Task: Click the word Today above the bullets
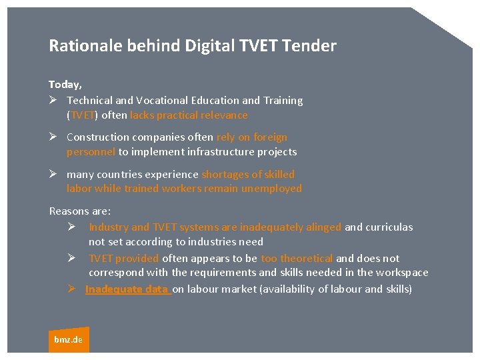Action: pyautogui.click(x=65, y=85)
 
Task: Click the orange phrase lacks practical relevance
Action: pyautogui.click(x=189, y=115)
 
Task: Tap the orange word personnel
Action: pyautogui.click(x=91, y=152)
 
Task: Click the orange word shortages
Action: pyautogui.click(x=225, y=175)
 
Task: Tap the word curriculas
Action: pyautogui.click(x=389, y=227)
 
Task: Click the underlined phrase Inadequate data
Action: pyautogui.click(x=127, y=289)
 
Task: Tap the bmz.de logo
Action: pyautogui.click(x=68, y=339)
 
